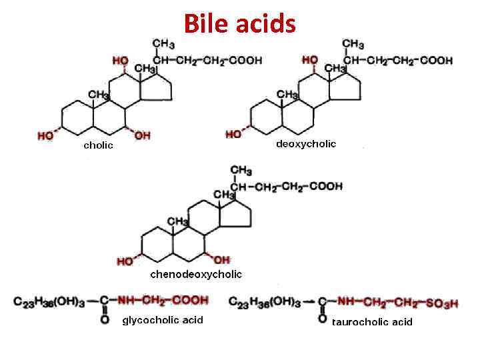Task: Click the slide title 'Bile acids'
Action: (239, 24)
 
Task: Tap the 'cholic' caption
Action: (98, 145)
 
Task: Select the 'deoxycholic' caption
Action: (306, 143)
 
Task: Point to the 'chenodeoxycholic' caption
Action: (196, 274)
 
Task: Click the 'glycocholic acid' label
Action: (163, 321)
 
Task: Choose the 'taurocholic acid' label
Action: (372, 322)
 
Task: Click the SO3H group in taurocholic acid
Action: (443, 303)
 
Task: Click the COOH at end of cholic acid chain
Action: (245, 60)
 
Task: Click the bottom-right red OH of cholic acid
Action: (142, 136)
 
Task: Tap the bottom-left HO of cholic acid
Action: (45, 136)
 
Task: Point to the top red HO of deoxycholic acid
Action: (309, 60)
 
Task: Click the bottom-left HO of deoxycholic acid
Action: (233, 135)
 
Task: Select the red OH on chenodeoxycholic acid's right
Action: (221, 259)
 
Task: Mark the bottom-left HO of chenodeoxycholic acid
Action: (125, 261)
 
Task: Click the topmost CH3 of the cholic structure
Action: (164, 45)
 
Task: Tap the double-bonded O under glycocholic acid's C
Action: (104, 320)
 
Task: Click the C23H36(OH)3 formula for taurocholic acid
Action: (261, 302)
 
